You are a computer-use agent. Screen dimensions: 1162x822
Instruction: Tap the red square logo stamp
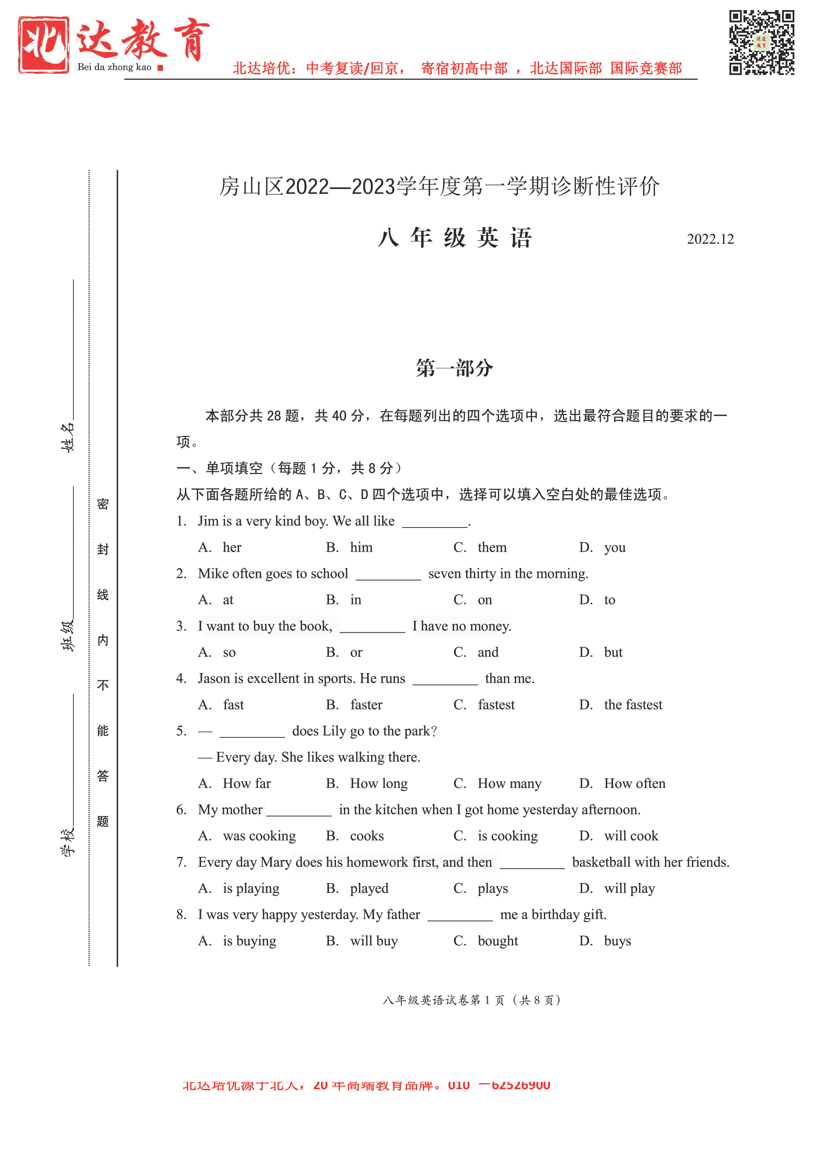(x=43, y=45)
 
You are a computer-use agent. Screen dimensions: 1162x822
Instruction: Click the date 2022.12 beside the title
(x=710, y=239)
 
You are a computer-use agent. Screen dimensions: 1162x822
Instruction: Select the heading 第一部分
(x=454, y=368)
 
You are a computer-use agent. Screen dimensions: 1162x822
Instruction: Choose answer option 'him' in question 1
(x=361, y=548)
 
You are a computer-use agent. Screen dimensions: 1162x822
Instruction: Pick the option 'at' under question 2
(x=228, y=600)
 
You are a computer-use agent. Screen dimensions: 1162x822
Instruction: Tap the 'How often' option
(x=634, y=784)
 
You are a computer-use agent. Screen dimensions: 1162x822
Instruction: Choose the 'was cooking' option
(x=259, y=836)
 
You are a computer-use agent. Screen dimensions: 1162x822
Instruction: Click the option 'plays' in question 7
(x=493, y=889)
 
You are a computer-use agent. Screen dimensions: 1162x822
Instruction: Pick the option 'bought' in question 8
(x=497, y=941)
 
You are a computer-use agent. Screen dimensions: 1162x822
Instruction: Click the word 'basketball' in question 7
(x=601, y=863)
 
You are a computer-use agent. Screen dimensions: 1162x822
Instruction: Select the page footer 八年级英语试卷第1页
(x=471, y=1000)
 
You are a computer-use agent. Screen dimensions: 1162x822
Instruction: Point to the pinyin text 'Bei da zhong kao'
(x=114, y=68)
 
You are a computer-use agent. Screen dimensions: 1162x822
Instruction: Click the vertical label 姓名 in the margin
(x=68, y=437)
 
